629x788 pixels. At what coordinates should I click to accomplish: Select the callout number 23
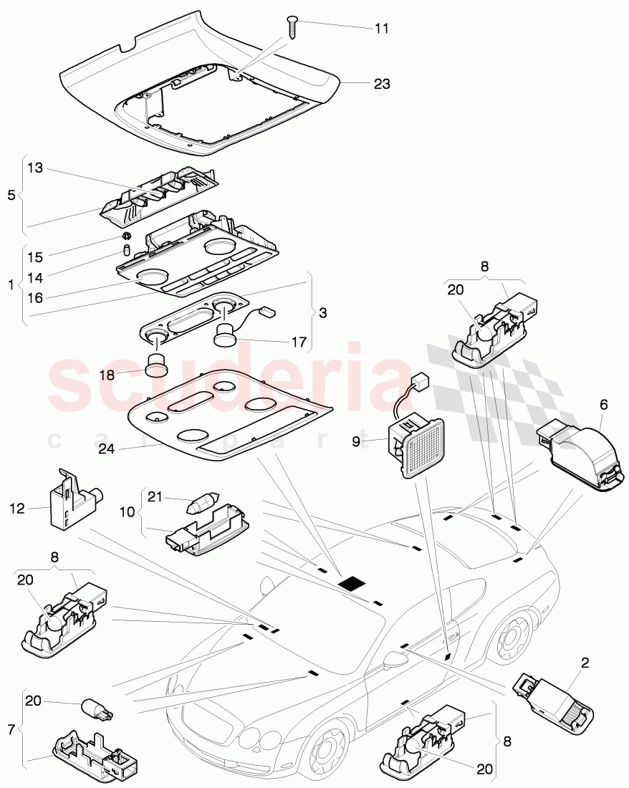click(382, 84)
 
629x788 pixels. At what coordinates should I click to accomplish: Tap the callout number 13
click(36, 168)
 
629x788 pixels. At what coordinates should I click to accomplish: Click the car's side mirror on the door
click(395, 658)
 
